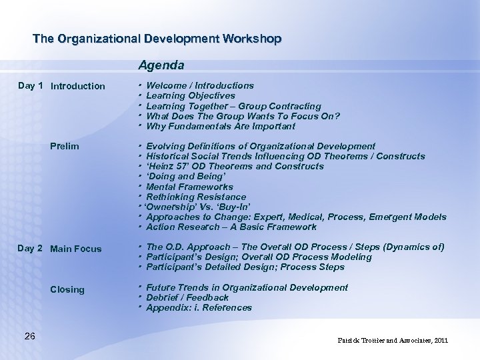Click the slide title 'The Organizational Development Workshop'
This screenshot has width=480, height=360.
coord(157,39)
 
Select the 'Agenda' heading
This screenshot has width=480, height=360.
coord(161,65)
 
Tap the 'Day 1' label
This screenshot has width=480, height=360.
coord(31,85)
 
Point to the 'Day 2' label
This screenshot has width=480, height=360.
coord(31,248)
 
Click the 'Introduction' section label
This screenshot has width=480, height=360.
coord(77,86)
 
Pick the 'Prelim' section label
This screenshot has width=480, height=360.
coord(65,146)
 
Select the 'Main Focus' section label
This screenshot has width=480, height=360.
coord(76,249)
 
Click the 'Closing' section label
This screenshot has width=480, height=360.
coord(67,289)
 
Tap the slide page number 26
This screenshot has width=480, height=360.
coord(29,335)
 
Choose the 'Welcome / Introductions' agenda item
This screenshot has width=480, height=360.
coord(199,85)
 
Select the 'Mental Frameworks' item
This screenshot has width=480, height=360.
coord(189,187)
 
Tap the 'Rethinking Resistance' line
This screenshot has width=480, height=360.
coord(195,197)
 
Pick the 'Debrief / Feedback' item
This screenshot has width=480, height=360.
coord(187,297)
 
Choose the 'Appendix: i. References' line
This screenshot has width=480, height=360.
coord(199,307)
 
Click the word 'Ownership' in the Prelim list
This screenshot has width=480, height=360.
coord(169,207)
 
